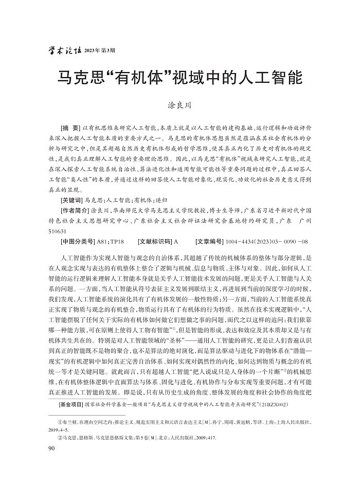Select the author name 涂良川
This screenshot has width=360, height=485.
pos(179,105)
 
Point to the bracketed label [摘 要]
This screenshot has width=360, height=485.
pos(70,127)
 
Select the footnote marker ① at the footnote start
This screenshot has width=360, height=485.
pos(63,421)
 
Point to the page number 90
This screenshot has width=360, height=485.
pos(50,449)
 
